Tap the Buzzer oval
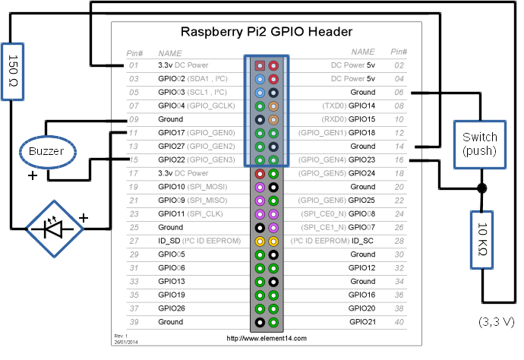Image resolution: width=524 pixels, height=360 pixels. coord(46,151)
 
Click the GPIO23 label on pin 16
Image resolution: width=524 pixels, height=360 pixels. coord(363,159)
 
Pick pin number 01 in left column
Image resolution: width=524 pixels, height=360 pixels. coord(134,65)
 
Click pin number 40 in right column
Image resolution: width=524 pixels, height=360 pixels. coord(398,322)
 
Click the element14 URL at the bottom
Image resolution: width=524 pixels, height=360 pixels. coord(267,338)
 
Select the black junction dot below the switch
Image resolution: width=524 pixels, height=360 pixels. coord(482,188)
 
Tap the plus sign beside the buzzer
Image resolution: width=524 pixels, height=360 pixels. coord(33,175)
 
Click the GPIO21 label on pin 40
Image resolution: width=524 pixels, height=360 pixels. coord(363,322)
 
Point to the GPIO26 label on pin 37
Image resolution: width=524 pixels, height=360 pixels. coord(172,308)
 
